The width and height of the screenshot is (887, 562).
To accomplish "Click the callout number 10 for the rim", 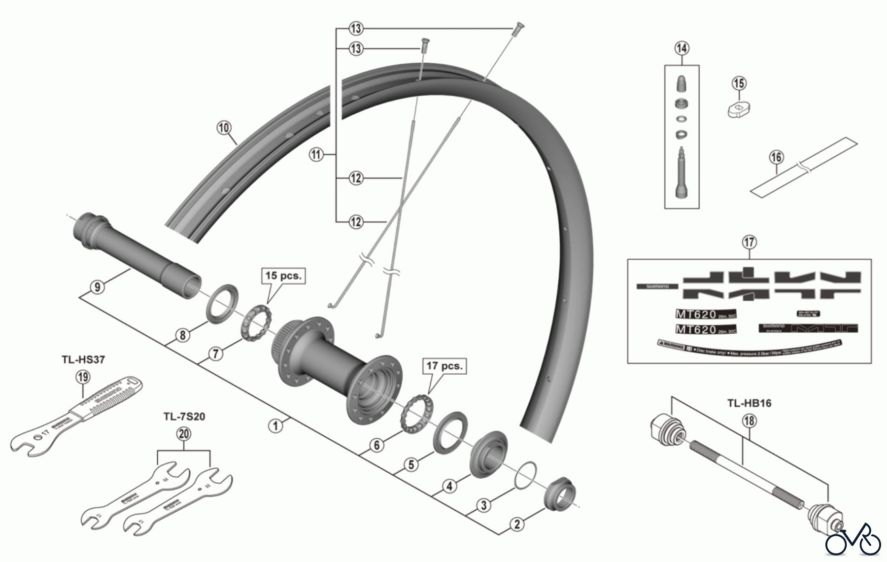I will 224,128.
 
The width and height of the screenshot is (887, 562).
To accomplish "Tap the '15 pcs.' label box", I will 283,276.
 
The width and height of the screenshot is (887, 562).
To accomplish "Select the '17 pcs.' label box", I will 444,366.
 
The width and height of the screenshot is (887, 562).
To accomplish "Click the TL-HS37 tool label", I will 83,359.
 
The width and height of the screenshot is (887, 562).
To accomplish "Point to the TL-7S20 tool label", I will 184,417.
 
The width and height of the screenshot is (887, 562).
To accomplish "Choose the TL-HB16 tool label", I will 749,403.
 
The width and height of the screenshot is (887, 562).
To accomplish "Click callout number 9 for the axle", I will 98,286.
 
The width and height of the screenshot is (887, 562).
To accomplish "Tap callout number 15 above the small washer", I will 739,84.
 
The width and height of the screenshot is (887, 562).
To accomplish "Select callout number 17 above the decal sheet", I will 749,243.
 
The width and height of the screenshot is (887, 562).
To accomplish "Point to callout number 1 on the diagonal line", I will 275,425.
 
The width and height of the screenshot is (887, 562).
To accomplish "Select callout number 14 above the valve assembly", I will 682,48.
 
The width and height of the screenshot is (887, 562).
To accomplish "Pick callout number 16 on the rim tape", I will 776,158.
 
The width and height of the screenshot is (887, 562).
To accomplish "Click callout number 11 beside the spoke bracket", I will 316,155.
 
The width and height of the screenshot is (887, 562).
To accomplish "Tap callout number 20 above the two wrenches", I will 183,434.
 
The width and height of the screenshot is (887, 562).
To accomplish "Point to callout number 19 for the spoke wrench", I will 83,378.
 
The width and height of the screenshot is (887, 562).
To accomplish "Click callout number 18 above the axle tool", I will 749,421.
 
